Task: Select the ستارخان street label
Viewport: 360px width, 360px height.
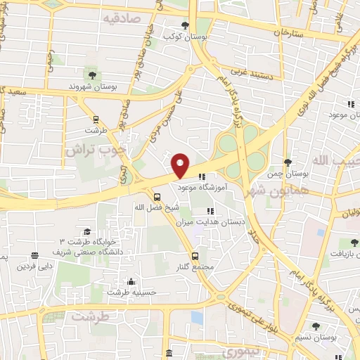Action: tap(288, 32)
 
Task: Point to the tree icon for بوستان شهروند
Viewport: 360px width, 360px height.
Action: tap(91, 74)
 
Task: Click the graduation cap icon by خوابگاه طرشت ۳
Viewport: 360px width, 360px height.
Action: tap(86, 231)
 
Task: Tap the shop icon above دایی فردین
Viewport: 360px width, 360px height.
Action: tap(34, 256)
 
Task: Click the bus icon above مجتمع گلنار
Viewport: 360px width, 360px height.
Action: tap(195, 256)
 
